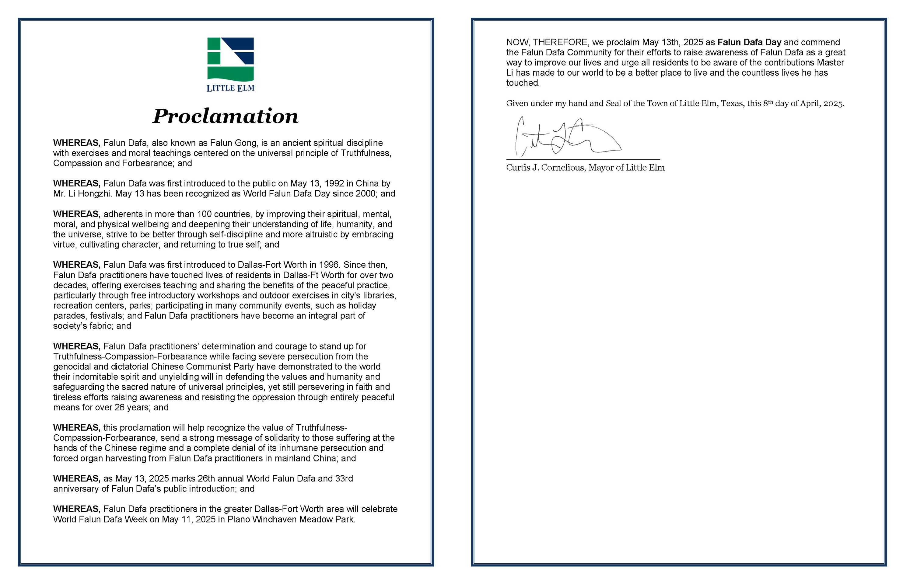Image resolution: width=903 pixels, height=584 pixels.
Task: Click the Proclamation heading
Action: [226, 116]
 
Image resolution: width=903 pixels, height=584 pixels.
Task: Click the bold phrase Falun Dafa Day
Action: [749, 42]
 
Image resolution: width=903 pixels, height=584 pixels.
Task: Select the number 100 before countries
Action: [205, 214]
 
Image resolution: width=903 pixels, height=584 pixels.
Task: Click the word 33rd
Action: [344, 478]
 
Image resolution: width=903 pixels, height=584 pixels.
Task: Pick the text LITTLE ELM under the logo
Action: [230, 88]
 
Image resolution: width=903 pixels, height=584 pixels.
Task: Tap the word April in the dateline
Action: [810, 103]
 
